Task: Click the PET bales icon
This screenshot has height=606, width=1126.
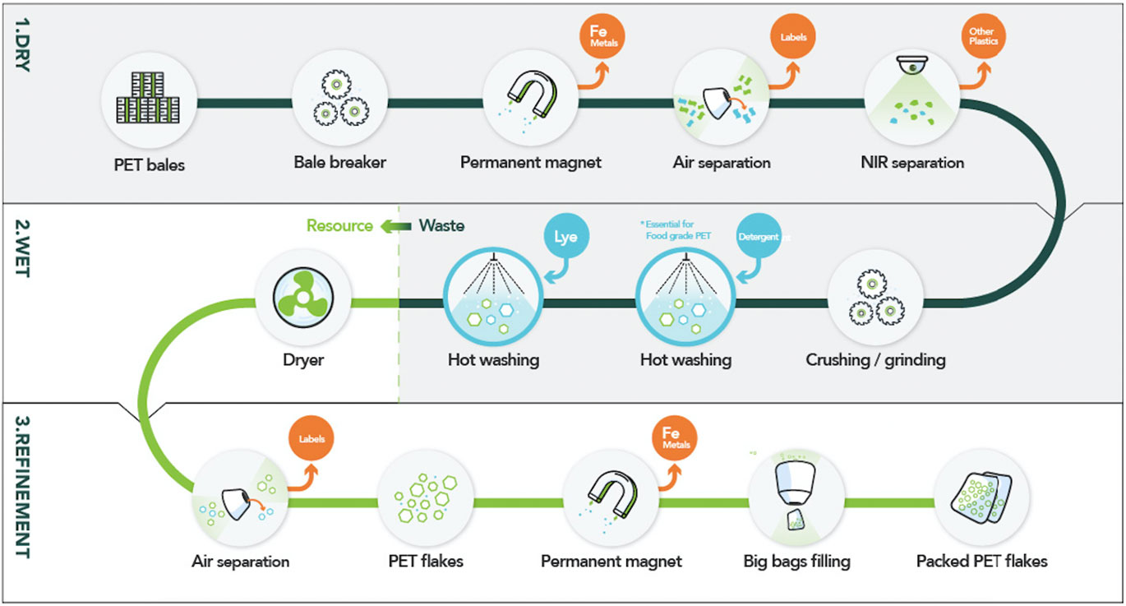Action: [149, 104]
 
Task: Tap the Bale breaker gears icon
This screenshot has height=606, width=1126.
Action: [339, 104]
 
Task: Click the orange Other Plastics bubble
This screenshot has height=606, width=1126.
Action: [981, 37]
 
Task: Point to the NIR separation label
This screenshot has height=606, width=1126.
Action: [911, 162]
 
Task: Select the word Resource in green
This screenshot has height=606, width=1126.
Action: [339, 225]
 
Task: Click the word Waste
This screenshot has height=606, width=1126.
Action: [441, 225]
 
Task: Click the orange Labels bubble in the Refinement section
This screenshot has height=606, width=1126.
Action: [311, 439]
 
